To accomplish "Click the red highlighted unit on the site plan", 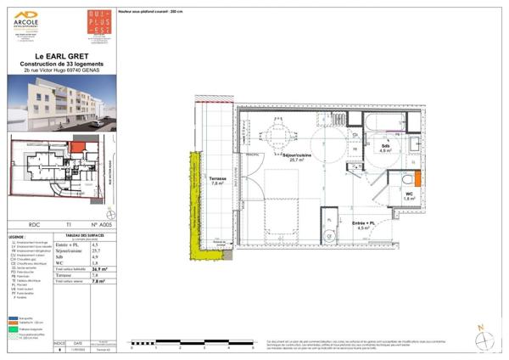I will tap(78, 148).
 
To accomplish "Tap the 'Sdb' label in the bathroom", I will tap(386, 146).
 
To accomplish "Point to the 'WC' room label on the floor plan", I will tap(386, 194).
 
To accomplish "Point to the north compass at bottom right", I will tap(482, 338).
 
